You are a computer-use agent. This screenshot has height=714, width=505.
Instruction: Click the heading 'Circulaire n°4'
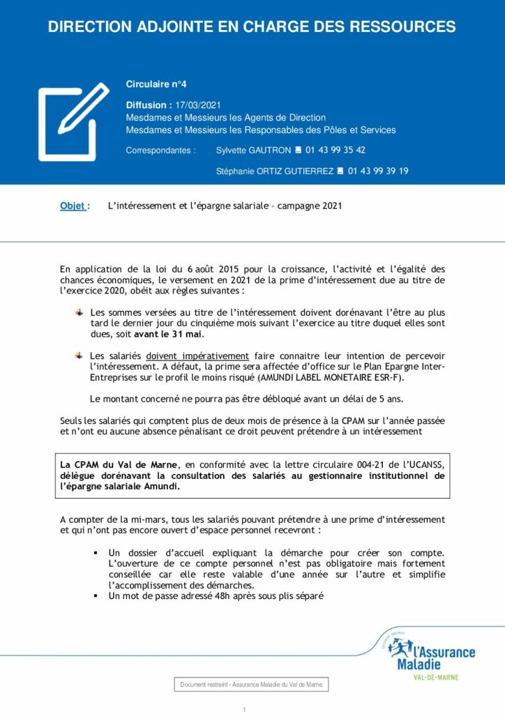click(x=156, y=84)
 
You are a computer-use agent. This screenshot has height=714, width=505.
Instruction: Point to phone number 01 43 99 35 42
click(x=336, y=150)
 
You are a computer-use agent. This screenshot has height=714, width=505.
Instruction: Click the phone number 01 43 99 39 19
click(x=378, y=171)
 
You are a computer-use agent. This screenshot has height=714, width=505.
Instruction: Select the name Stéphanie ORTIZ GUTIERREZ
click(x=275, y=171)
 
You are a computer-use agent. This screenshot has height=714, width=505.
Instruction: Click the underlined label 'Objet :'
click(x=75, y=206)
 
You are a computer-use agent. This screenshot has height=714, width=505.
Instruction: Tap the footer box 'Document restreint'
click(x=251, y=685)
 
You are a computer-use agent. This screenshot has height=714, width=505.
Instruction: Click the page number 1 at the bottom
click(x=245, y=709)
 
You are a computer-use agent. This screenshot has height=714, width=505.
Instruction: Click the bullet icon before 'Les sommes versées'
click(x=80, y=312)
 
